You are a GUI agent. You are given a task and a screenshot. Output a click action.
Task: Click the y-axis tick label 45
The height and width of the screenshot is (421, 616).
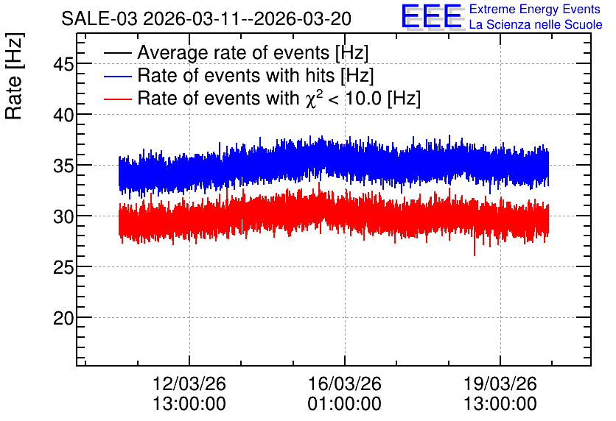[63, 64]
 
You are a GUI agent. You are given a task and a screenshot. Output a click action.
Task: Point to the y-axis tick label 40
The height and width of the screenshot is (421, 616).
[63, 115]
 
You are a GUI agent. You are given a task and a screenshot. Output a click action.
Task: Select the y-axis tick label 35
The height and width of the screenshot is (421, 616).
[63, 166]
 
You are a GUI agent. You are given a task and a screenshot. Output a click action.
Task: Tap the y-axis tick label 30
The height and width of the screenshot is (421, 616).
[63, 216]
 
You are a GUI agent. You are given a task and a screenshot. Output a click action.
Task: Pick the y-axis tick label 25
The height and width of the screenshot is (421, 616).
[63, 267]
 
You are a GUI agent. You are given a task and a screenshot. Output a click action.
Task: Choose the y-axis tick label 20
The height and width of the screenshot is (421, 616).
[63, 318]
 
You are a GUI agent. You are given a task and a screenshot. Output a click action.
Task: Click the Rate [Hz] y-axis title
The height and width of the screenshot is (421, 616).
[14, 77]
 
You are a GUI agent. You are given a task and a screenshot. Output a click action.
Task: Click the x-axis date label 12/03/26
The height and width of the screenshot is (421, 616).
[189, 383]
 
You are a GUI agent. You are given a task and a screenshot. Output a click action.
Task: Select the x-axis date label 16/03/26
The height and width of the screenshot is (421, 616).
[345, 383]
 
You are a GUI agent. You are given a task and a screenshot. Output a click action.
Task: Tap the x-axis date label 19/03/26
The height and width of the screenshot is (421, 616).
[500, 383]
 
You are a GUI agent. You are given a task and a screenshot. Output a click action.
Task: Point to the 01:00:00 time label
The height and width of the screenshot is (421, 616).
[345, 403]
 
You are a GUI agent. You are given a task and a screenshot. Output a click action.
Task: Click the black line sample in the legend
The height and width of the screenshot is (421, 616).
[117, 53]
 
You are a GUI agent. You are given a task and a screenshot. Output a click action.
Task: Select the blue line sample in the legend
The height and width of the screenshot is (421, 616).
[117, 76]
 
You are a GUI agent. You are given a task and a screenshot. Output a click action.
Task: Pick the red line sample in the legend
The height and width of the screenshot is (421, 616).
[117, 99]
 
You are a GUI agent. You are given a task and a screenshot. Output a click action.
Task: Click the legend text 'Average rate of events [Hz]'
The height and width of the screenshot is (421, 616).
[253, 53]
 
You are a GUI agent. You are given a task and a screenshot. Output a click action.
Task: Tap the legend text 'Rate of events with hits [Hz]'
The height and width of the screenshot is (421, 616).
[256, 75]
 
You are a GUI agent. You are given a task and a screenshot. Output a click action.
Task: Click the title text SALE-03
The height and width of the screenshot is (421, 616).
[99, 19]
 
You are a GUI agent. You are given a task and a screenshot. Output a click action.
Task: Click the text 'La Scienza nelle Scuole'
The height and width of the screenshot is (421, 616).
[536, 25]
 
